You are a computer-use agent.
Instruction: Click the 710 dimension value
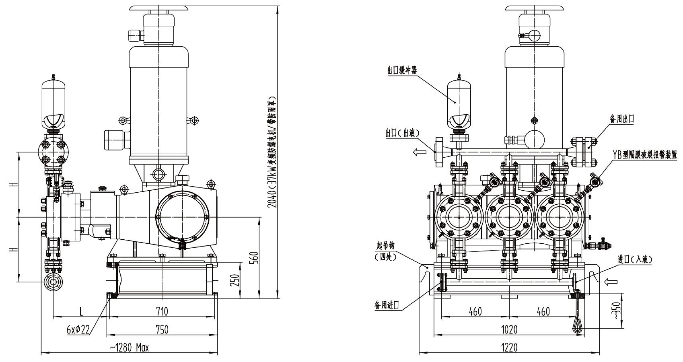(x=162, y=311)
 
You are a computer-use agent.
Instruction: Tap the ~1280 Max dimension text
(x=129, y=348)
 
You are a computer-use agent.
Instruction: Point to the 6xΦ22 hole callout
(x=78, y=330)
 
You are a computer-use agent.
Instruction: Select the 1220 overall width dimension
(x=509, y=348)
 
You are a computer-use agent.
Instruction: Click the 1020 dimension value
(x=509, y=330)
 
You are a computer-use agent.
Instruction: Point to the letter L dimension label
(x=81, y=311)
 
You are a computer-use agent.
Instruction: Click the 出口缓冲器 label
(x=402, y=71)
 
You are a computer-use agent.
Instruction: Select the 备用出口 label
(x=622, y=119)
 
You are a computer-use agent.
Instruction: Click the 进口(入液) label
(x=635, y=259)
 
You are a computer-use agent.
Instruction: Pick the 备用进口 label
(x=387, y=305)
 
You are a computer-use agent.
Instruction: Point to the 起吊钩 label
(x=386, y=245)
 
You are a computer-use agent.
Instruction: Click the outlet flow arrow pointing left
(x=420, y=152)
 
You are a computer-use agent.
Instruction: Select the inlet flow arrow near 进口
(x=611, y=282)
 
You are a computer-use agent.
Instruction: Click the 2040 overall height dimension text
(x=272, y=152)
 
